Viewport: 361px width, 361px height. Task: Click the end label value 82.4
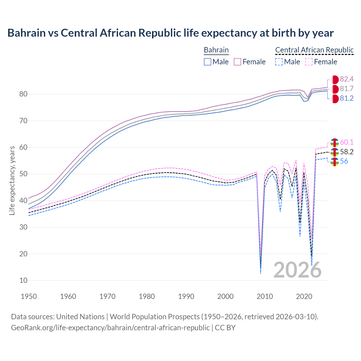click(x=347, y=79)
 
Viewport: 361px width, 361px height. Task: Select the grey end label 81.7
click(x=347, y=89)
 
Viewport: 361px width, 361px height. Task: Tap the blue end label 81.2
click(x=347, y=98)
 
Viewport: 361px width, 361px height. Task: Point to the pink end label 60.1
click(x=347, y=142)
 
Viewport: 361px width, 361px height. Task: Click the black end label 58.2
click(x=347, y=152)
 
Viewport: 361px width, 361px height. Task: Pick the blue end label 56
click(x=344, y=161)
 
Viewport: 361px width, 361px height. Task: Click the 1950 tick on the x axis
click(x=29, y=296)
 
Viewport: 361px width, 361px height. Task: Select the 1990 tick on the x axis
click(x=186, y=296)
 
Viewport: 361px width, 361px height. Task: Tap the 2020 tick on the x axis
click(x=304, y=296)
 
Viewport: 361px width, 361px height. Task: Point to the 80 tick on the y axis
click(x=23, y=94)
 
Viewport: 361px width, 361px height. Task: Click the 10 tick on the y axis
click(x=23, y=280)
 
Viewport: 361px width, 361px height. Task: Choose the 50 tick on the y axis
click(x=23, y=174)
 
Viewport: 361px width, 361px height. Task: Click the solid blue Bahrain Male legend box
click(x=208, y=62)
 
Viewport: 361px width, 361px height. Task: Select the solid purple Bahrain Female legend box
click(x=237, y=62)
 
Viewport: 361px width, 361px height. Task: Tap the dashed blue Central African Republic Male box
click(x=279, y=62)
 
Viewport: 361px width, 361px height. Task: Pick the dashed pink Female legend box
click(x=309, y=62)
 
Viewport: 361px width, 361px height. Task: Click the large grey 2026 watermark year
click(x=298, y=270)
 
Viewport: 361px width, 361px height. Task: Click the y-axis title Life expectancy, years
click(x=12, y=180)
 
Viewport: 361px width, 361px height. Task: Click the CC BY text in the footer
click(x=225, y=328)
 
